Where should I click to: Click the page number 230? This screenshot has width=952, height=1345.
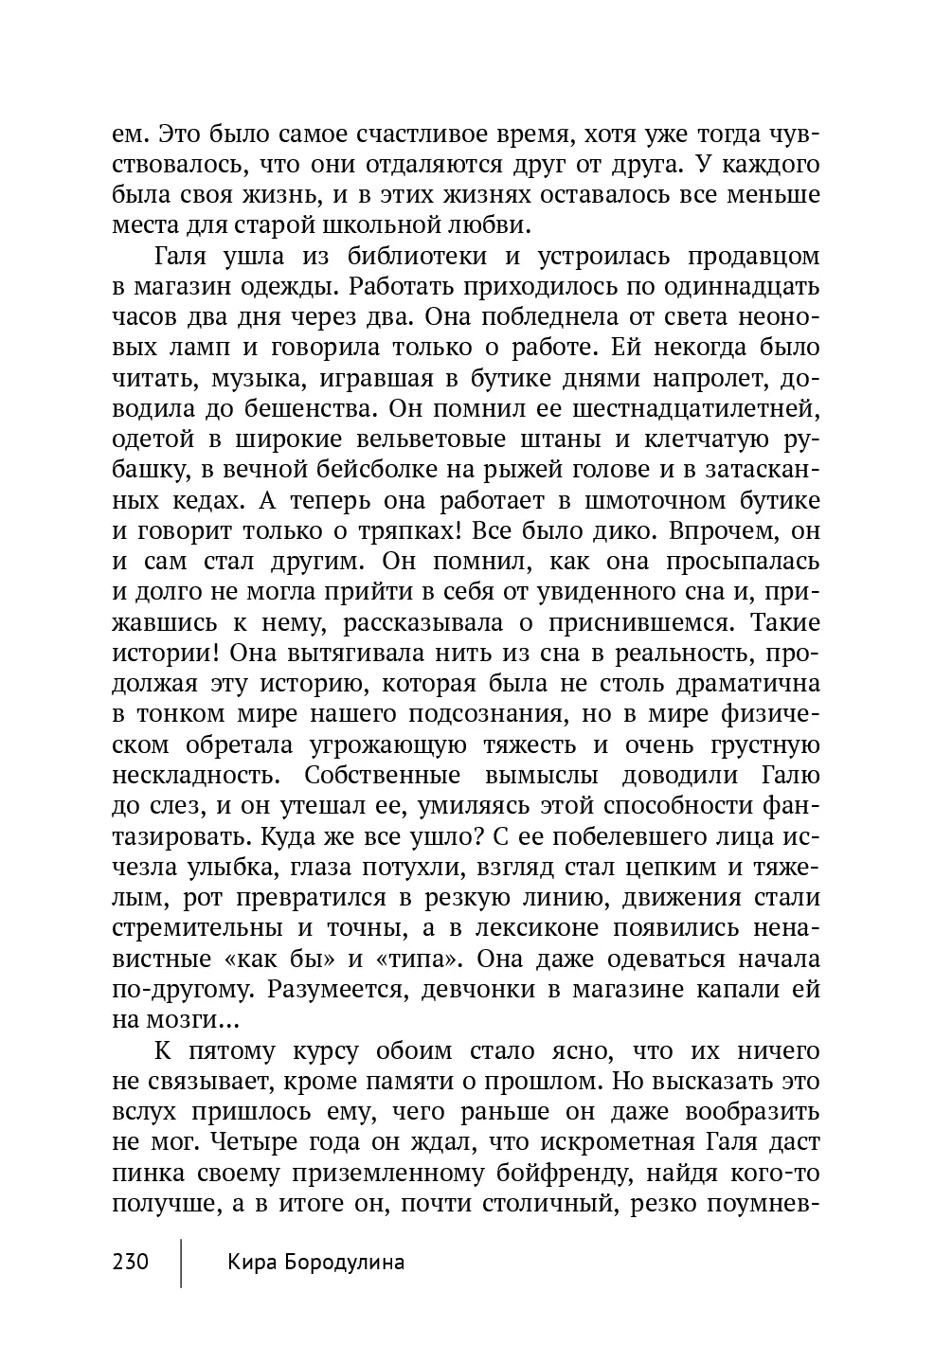tap(131, 1262)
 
